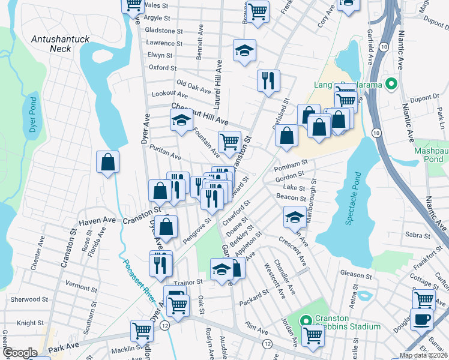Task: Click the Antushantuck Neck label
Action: coord(60,44)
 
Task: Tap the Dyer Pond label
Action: coord(33,115)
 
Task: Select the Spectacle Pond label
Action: coord(354,199)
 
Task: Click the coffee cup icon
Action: coord(421,319)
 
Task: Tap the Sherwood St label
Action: coord(29,299)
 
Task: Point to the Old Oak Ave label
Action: coord(193,86)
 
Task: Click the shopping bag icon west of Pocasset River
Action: coord(108,161)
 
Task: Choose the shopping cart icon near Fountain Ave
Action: coord(229,141)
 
